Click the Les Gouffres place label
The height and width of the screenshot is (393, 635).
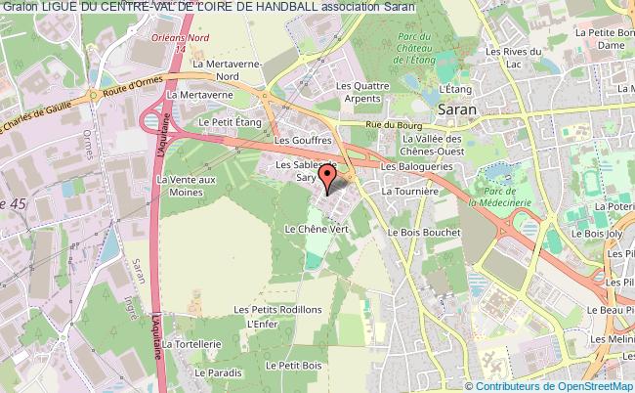tap(298, 140)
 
